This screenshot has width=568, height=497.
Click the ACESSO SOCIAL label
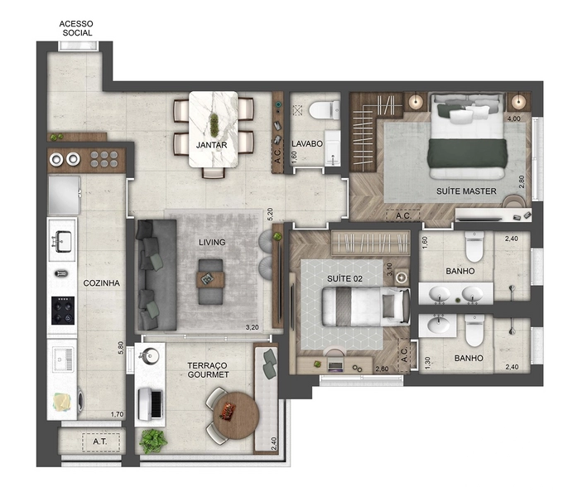tap(76, 28)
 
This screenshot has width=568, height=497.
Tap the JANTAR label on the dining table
tap(212, 145)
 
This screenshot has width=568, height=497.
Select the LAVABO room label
tap(307, 143)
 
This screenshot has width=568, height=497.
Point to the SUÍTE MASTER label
tap(466, 191)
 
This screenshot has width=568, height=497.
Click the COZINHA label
tap(101, 283)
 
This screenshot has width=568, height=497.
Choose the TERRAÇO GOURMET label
tap(208, 370)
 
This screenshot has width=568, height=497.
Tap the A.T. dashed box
tap(101, 442)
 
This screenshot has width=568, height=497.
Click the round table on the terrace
tap(236, 416)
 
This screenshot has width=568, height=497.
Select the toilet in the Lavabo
tap(325, 110)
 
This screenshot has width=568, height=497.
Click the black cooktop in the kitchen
tap(63, 311)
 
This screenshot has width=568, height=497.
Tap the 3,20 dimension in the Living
tap(252, 327)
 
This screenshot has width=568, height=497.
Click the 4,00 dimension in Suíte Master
tap(513, 118)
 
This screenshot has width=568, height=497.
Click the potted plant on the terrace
tap(153, 442)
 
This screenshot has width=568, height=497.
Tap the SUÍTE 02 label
tap(344, 279)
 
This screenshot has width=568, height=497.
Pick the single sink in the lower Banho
tap(437, 325)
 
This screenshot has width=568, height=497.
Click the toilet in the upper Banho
tap(474, 247)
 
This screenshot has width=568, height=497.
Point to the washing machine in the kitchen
tap(67, 403)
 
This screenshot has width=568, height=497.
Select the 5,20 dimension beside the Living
tap(270, 215)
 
